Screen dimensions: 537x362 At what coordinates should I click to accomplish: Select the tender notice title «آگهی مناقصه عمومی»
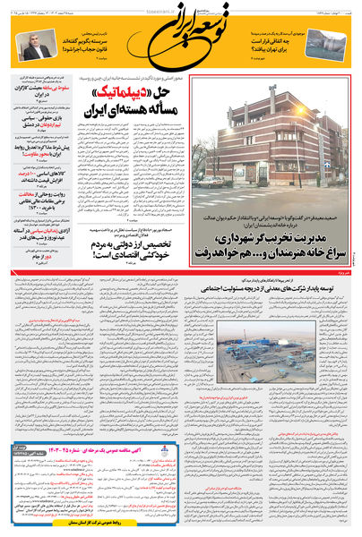tap(156, 471)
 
